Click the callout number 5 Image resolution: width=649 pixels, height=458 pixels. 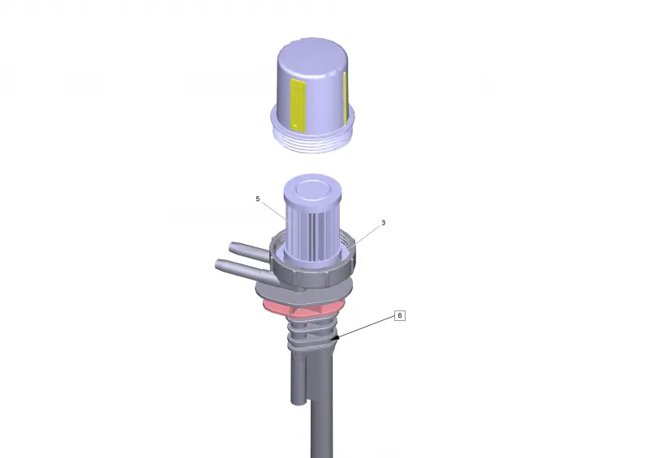click(x=257, y=199)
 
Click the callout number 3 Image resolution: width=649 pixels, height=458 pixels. click(x=383, y=223)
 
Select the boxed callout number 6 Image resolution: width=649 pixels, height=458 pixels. click(x=399, y=315)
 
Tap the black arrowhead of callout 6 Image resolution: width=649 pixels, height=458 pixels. click(x=336, y=337)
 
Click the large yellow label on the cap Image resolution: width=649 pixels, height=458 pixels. click(x=298, y=105)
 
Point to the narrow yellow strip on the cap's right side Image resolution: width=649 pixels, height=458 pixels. click(x=345, y=98)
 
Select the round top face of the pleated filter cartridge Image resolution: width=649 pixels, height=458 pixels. click(x=312, y=190)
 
